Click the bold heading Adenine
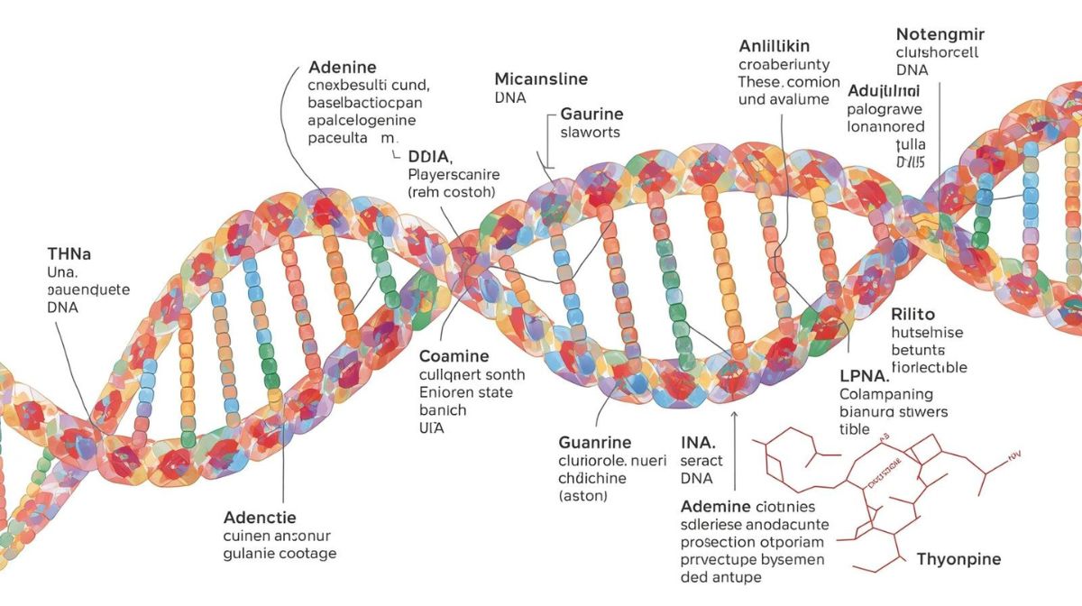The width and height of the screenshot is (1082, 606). tap(343, 68)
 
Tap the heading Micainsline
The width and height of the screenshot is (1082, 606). tap(541, 78)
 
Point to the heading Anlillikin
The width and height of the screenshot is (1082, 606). tap(775, 45)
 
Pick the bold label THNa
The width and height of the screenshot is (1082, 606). tap(71, 253)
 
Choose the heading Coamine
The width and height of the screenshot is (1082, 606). tap(454, 356)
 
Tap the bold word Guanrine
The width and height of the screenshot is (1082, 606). tap(595, 443)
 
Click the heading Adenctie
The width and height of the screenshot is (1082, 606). tap(259, 518)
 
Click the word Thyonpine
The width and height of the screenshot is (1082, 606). tap(958, 559)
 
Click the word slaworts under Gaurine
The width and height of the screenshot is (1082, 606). tap(591, 133)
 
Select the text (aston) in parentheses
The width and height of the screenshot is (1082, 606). tap(583, 496)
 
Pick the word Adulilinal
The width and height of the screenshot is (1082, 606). tap(884, 91)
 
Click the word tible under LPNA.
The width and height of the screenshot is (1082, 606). tap(854, 429)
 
